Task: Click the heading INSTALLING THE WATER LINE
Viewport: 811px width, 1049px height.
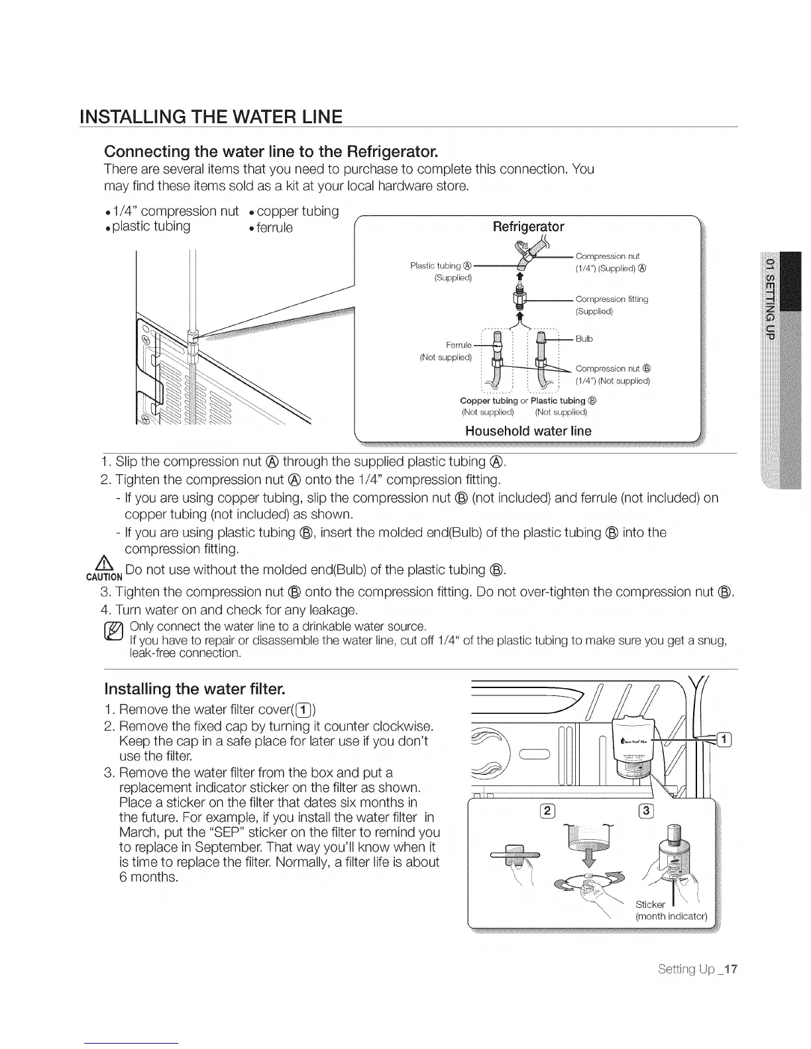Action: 210,117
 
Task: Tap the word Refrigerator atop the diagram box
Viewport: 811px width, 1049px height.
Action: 528,227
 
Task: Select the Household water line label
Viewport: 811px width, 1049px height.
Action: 528,431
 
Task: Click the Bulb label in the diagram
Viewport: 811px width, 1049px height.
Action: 584,339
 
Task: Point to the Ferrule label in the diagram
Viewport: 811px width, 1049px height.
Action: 459,345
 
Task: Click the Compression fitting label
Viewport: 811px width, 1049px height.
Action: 611,299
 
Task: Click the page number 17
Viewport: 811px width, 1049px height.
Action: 730,970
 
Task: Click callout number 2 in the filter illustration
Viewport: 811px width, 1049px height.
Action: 548,813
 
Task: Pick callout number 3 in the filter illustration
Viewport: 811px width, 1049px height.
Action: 646,813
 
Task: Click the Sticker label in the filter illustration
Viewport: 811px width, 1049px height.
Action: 649,905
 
